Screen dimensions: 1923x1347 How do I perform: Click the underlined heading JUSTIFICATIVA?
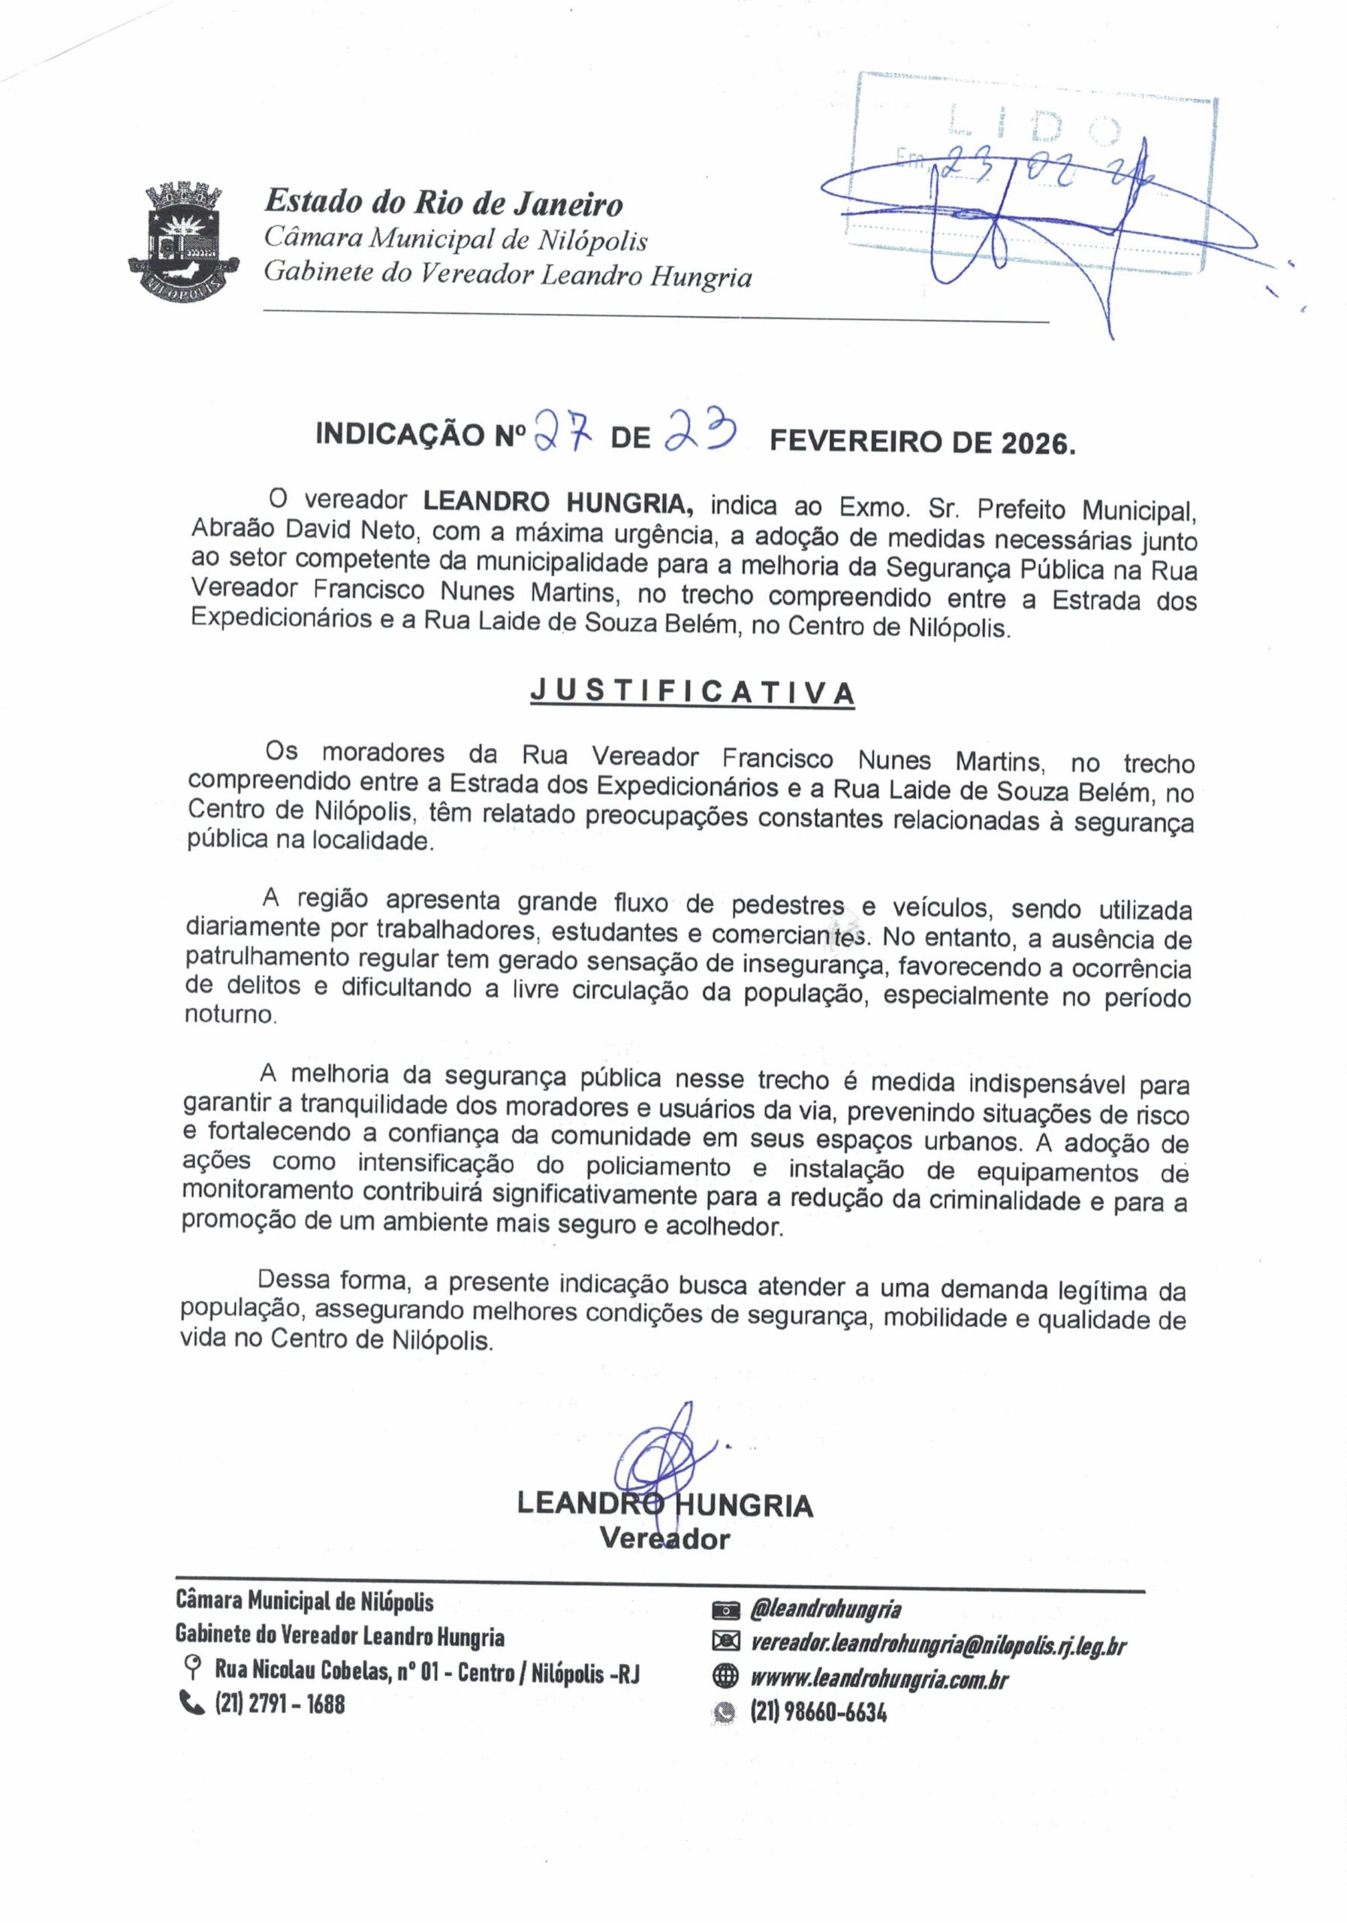(692, 693)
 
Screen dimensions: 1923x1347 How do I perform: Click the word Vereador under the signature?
(664, 1538)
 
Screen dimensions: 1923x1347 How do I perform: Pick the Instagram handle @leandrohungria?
(825, 1609)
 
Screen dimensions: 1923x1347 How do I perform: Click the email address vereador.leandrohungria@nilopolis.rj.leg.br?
(938, 1645)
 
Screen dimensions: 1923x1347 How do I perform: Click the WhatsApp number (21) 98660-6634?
(818, 1713)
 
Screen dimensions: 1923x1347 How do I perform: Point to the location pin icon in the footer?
(192, 1669)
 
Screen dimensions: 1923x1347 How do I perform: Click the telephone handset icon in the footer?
(191, 1704)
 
